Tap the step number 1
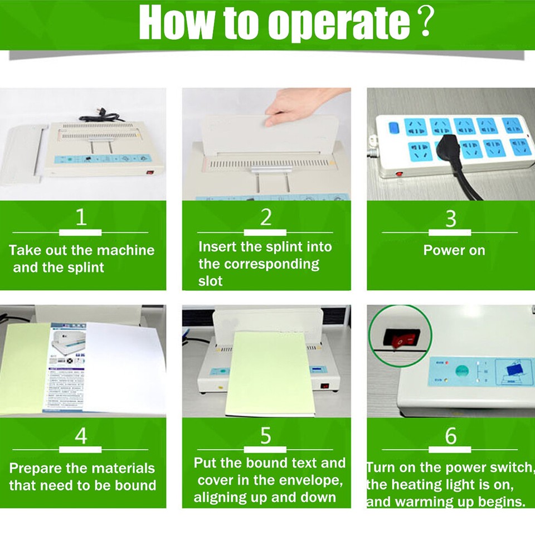pyautogui.click(x=81, y=217)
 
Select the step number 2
pyautogui.click(x=266, y=217)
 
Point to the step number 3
pyautogui.click(x=451, y=218)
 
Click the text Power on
pyautogui.click(x=454, y=250)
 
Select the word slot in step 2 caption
pyautogui.click(x=210, y=281)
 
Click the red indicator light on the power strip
pyautogui.click(x=399, y=174)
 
